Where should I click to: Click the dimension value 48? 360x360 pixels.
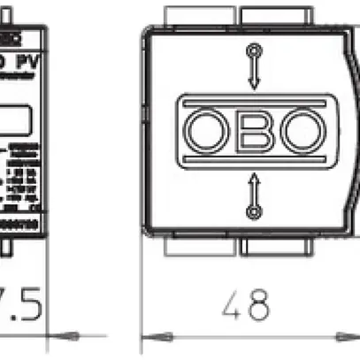(x=245, y=305)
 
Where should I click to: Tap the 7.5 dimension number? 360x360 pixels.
(x=19, y=305)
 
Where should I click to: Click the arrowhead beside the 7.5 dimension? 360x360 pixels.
(x=64, y=335)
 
